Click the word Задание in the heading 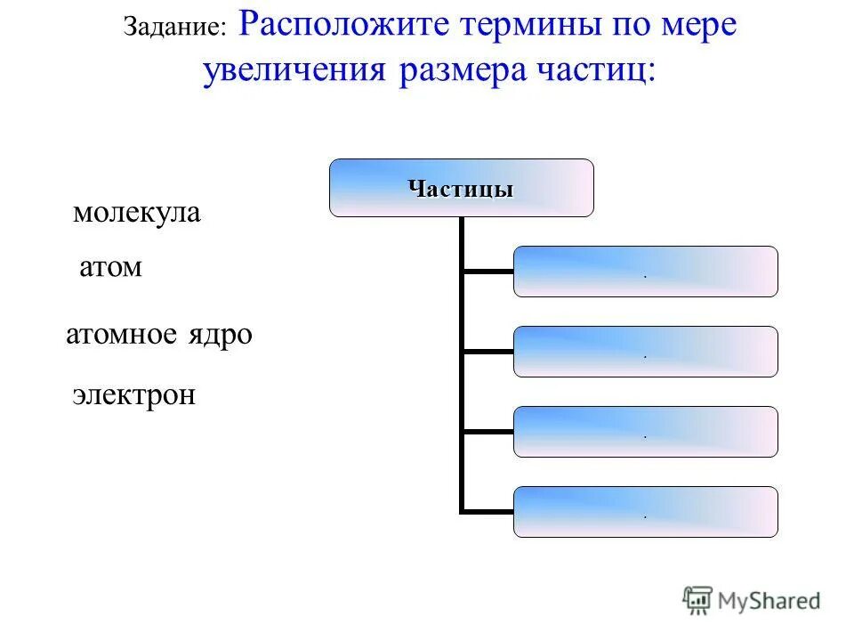[x=174, y=28]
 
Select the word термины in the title [x=519, y=25]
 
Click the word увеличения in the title [x=294, y=71]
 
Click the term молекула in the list [x=136, y=214]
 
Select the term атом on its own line [x=110, y=267]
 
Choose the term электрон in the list [x=133, y=394]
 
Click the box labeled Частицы [x=461, y=188]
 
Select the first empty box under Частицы [x=645, y=272]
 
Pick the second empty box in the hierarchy [x=645, y=352]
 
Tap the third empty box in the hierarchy [x=645, y=432]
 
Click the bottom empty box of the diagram [x=645, y=512]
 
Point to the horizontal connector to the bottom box [x=487, y=513]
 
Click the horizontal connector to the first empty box [x=487, y=271]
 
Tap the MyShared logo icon [x=697, y=601]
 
